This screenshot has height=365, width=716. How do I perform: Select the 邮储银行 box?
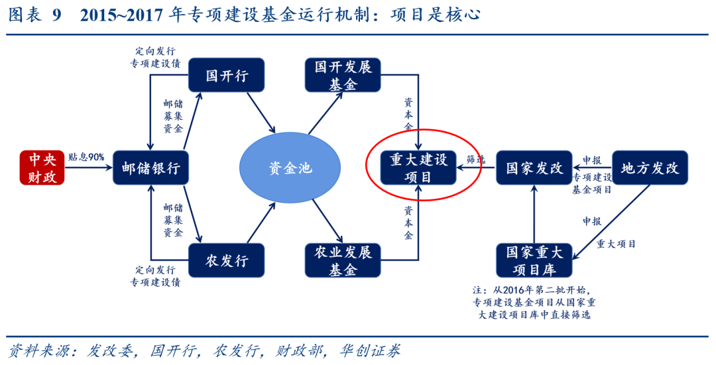(150, 168)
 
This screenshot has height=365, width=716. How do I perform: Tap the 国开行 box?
(227, 75)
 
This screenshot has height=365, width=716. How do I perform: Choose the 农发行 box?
(227, 260)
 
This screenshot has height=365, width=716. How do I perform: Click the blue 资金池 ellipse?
(290, 168)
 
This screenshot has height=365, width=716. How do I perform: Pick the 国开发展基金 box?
(342, 75)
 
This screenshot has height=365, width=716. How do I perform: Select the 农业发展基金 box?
(342, 260)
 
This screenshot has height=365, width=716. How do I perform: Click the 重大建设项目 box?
(418, 168)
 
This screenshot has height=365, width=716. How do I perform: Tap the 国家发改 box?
(534, 168)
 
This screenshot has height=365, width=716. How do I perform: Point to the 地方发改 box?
(650, 168)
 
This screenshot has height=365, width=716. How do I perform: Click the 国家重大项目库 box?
(534, 260)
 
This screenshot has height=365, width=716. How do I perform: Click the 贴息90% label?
(86, 157)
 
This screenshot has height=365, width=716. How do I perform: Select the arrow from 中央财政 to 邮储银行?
(89, 168)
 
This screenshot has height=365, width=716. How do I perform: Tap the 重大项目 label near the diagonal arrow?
(616, 244)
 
